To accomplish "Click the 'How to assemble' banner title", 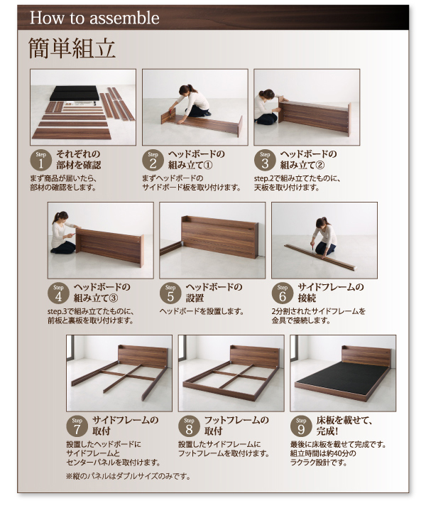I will [94, 18].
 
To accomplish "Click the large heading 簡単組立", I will [71, 48].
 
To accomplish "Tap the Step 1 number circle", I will [40, 160].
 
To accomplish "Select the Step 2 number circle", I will [153, 160].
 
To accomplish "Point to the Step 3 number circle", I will [265, 160].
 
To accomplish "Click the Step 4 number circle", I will [59, 293].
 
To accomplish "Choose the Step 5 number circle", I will [170, 293].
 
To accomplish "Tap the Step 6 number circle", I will [283, 293].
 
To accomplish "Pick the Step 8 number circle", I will [189, 426].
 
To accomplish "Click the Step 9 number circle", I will [301, 426].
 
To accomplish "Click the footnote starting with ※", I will [128, 476].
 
